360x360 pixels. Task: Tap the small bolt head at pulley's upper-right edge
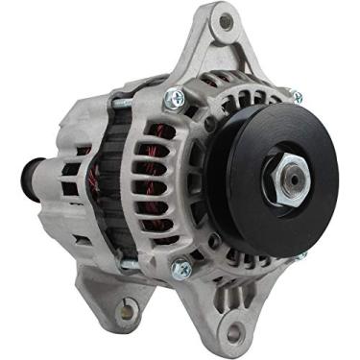299,96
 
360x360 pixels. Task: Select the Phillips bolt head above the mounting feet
181,271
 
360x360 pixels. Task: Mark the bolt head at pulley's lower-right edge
303,254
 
